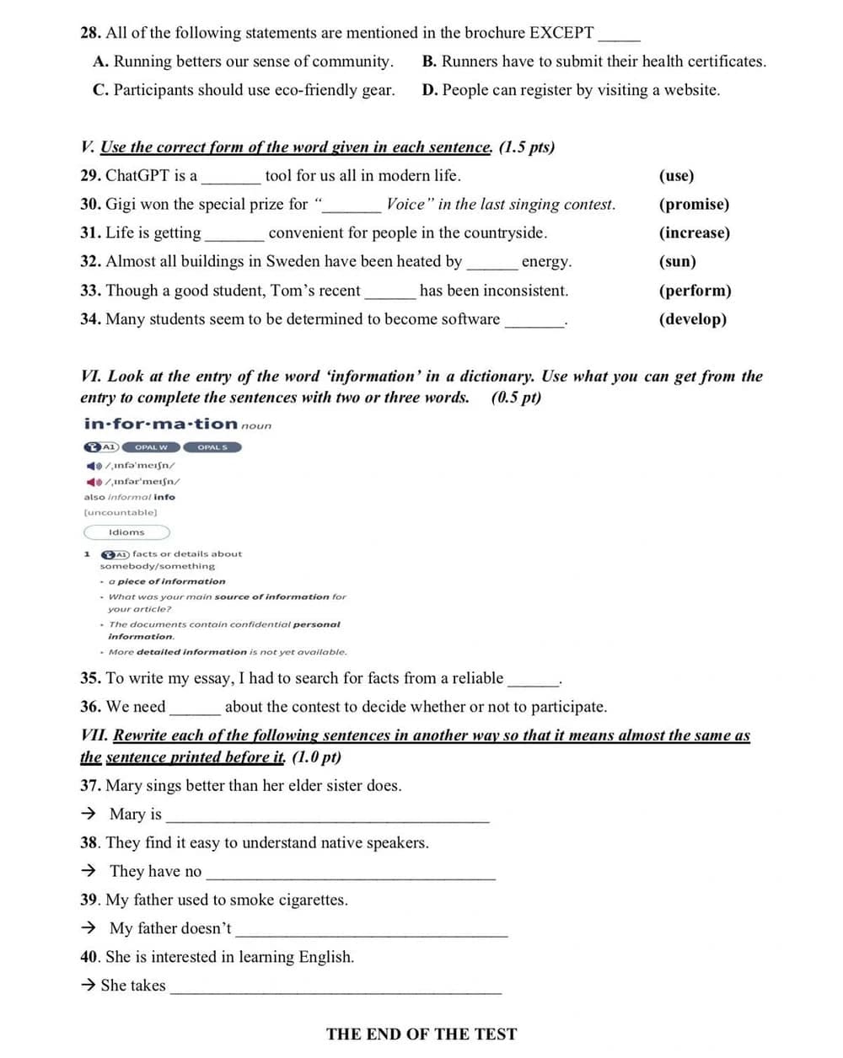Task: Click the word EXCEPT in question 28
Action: (x=561, y=33)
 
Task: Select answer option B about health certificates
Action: (x=593, y=61)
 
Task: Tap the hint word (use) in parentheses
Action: (x=676, y=175)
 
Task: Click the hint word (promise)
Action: (x=694, y=204)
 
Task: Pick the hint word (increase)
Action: (x=694, y=232)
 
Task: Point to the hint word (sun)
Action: (x=677, y=261)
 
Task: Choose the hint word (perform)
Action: (x=695, y=291)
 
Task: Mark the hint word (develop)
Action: (x=692, y=319)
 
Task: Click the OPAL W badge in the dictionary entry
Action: (x=151, y=447)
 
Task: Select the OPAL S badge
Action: (x=212, y=447)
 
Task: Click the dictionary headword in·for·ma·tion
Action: (x=160, y=424)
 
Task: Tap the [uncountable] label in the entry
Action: (x=120, y=512)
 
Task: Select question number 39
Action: (x=89, y=900)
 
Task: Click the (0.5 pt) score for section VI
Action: (x=516, y=398)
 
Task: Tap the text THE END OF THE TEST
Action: (x=421, y=1034)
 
